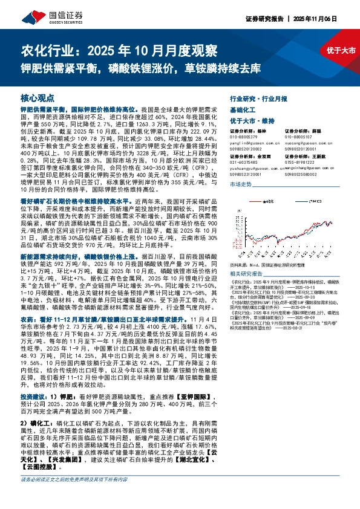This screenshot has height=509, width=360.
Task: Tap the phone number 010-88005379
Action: coord(246,136)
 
